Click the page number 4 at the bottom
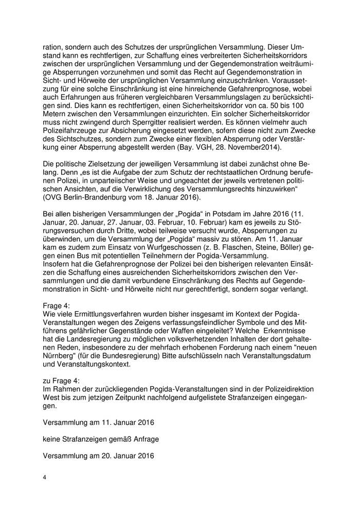pyautogui.click(x=45, y=478)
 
